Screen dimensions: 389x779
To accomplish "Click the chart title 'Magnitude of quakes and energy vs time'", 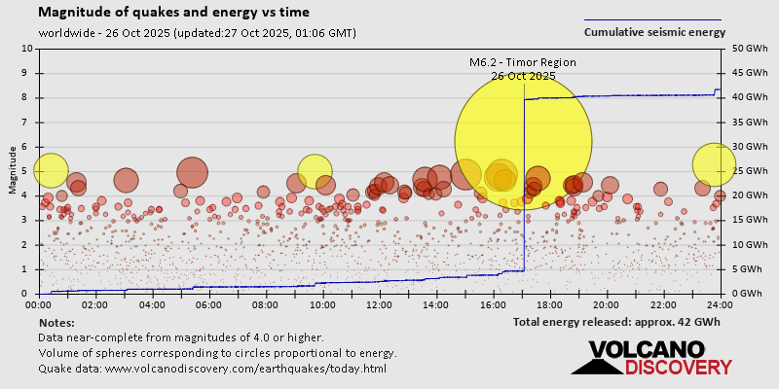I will click(x=174, y=13).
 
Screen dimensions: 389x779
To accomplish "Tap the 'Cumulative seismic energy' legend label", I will click(x=654, y=32).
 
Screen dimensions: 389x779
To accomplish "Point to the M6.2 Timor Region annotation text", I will click(x=523, y=62).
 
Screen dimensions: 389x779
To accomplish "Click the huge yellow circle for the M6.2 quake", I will click(x=523, y=140).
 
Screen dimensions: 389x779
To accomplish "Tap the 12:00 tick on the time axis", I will click(x=379, y=304).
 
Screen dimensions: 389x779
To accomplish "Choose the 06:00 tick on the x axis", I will click(x=208, y=304).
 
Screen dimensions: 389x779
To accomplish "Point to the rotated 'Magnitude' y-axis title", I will click(x=12, y=171).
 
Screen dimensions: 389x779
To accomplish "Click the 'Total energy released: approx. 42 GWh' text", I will click(x=616, y=321).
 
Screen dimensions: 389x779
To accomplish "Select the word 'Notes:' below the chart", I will click(x=57, y=322).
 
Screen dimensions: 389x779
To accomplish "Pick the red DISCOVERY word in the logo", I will click(x=678, y=368).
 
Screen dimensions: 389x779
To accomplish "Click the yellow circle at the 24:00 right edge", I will click(x=714, y=164).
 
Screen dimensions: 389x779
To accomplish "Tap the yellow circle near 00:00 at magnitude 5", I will click(x=51, y=170).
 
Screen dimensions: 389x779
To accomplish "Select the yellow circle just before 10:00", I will click(x=315, y=171).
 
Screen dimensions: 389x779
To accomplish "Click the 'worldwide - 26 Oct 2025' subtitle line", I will click(x=197, y=32).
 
